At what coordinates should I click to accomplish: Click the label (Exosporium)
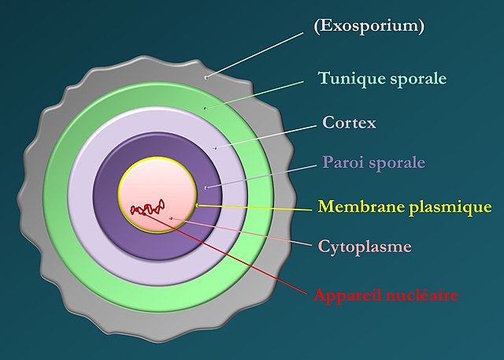click(x=369, y=26)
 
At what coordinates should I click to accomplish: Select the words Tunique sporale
click(x=382, y=79)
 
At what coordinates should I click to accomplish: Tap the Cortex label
click(x=349, y=123)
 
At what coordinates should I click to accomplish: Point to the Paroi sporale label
click(x=373, y=164)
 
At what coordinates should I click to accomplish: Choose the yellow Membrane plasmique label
click(x=405, y=207)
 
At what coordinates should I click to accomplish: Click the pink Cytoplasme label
click(x=365, y=247)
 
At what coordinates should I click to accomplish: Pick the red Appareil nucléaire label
click(x=386, y=296)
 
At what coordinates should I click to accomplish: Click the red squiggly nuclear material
click(x=145, y=209)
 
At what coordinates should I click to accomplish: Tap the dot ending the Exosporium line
click(x=206, y=77)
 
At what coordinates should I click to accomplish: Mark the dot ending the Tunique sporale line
click(x=206, y=108)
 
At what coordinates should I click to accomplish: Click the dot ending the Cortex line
click(x=215, y=147)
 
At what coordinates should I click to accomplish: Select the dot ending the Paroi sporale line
click(x=206, y=187)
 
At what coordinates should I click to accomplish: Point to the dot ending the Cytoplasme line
click(x=171, y=216)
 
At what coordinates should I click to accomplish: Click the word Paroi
click(x=341, y=164)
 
